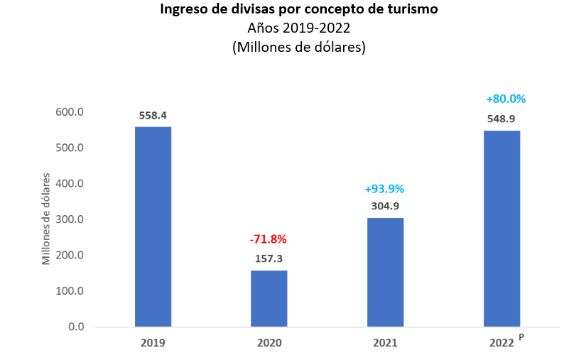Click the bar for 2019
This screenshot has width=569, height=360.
153,227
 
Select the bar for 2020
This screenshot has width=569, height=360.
269,298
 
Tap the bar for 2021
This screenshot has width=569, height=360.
385,272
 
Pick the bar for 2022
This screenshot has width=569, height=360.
502,229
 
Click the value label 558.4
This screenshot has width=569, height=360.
153,115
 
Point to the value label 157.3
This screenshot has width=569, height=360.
269,258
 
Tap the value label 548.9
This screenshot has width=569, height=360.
502,119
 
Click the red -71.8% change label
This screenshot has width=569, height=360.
269,239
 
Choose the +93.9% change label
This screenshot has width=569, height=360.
384,189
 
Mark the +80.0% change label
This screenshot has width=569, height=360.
506,99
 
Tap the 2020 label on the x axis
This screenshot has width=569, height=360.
269,343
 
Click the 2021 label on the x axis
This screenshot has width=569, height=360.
385,343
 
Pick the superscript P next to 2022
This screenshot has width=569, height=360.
521,337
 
